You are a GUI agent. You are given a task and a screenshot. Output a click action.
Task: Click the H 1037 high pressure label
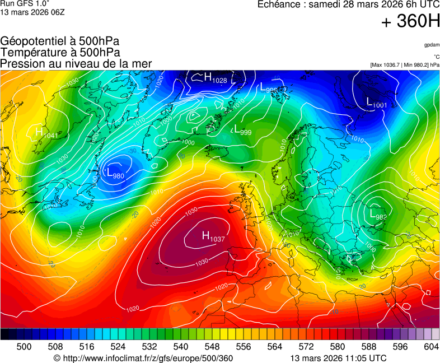(x=213, y=238)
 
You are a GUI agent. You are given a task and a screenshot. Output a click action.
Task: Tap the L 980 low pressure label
(x=115, y=174)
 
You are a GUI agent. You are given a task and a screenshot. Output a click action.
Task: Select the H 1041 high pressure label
(x=46, y=133)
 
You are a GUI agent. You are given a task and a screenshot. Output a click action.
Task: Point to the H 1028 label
(x=215, y=79)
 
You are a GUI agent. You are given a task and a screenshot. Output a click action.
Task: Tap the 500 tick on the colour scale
(x=24, y=347)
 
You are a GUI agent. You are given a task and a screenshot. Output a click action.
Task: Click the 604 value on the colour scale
(x=431, y=347)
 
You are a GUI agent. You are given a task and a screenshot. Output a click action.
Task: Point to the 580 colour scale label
(x=338, y=347)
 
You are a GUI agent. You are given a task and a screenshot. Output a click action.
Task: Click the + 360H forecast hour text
(x=410, y=22)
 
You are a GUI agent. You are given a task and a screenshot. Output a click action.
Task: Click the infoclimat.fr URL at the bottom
(x=143, y=358)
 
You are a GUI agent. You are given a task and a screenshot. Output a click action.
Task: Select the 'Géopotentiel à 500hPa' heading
(x=60, y=41)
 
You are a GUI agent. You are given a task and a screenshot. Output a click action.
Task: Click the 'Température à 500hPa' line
(x=60, y=52)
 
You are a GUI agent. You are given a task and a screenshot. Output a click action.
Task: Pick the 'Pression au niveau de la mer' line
(x=76, y=63)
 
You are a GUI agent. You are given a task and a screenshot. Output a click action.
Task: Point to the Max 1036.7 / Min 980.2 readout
(x=405, y=64)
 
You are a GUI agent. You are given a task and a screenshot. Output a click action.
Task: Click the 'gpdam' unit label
(x=431, y=44)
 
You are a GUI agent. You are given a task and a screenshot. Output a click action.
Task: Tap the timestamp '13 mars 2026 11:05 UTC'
(x=338, y=358)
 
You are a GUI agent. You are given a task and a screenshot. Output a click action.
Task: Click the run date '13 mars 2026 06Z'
(x=32, y=12)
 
